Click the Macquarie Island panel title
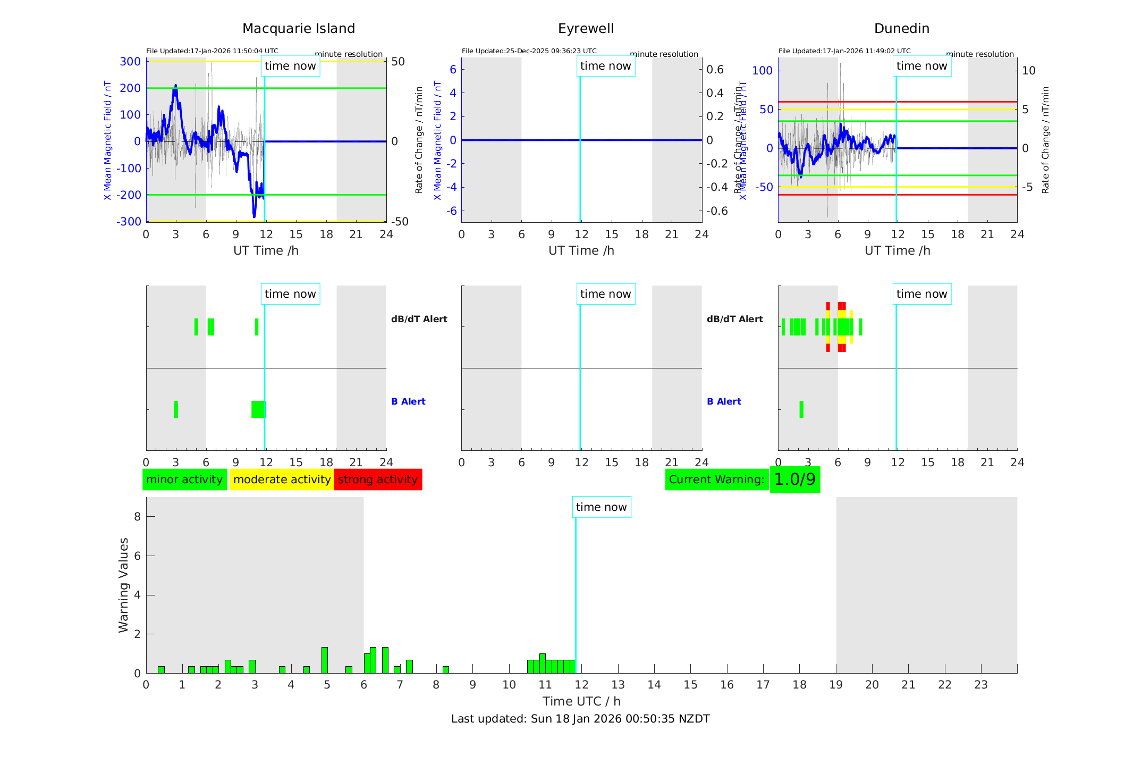click(299, 29)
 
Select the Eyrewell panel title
click(586, 29)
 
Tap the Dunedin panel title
click(901, 29)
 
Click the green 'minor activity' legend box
click(184, 480)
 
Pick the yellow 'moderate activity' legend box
click(282, 480)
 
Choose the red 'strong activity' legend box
click(378, 480)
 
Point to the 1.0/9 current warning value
click(794, 480)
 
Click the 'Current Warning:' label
click(716, 480)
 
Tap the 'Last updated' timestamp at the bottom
click(580, 719)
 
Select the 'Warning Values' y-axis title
click(124, 585)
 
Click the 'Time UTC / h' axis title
click(581, 701)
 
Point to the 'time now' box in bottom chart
click(601, 507)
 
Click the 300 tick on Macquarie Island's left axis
click(130, 62)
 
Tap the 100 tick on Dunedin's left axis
click(763, 70)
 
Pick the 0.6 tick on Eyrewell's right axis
click(715, 70)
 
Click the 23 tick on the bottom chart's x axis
click(980, 685)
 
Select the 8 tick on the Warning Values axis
click(137, 516)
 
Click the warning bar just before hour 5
click(325, 660)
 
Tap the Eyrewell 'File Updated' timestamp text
click(529, 51)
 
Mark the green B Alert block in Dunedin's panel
click(801, 409)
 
